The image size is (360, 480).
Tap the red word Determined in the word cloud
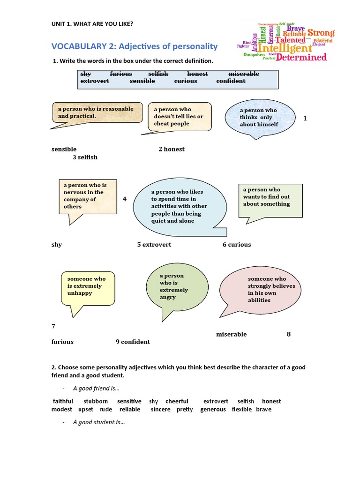point(301,58)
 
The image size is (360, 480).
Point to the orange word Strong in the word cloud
point(321,33)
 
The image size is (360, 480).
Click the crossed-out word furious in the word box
point(121,74)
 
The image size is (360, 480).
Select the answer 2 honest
point(171,149)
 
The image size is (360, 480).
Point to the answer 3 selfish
point(85,157)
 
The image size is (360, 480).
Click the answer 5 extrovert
point(154,244)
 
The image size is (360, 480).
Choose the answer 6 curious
point(237,244)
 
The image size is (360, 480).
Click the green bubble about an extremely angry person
point(174,287)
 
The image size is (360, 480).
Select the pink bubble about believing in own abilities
point(266,289)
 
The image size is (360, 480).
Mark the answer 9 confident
point(133,342)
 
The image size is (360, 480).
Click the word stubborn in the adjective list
point(96,401)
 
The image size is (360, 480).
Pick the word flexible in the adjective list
point(242,409)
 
